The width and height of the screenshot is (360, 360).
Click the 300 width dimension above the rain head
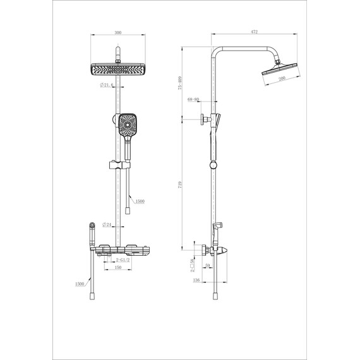click(118, 31)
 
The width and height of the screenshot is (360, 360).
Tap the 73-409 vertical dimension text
click(181, 83)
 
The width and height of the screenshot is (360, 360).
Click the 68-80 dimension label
click(193, 99)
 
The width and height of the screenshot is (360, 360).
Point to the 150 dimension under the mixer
click(118, 268)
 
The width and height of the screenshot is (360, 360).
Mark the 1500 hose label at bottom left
click(80, 284)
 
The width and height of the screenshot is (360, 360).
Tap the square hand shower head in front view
click(126, 125)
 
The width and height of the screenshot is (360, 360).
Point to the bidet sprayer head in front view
click(92, 225)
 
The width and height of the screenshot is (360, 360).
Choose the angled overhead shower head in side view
click(278, 72)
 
